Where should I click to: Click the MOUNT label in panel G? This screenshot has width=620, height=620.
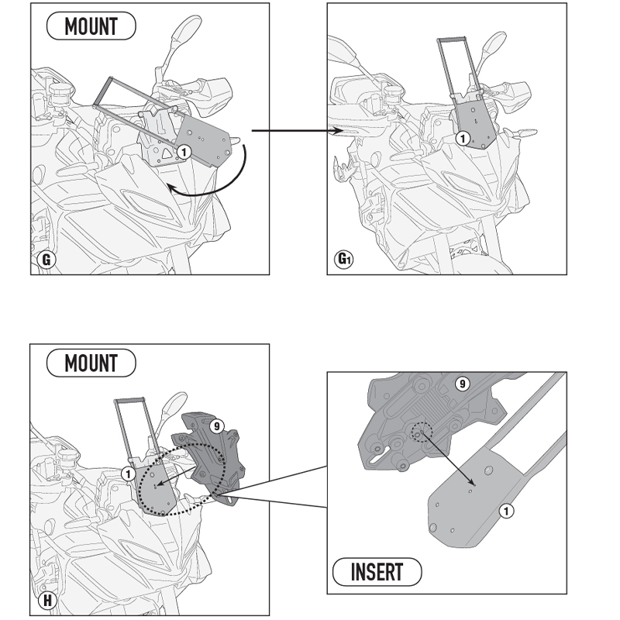pos(91,26)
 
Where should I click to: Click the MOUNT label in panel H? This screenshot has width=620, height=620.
pos(91,363)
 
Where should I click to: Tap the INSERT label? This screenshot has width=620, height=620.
pos(377,572)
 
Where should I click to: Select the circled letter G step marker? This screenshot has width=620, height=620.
pos(46,260)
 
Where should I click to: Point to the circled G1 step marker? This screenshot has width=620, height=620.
pos(344,260)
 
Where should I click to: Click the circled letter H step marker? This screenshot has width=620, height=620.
pos(47,601)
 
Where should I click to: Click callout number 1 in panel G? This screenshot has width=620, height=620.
pos(184,152)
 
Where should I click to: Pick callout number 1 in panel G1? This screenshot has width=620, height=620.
pos(463,139)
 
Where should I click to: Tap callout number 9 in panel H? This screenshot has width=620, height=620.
pos(216,426)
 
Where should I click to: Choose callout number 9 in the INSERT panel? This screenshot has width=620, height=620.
pos(462,384)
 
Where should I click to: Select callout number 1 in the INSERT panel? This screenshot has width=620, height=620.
pos(507,511)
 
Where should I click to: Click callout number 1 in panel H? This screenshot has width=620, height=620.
pos(128,474)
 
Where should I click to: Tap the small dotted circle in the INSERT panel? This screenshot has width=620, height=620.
pos(422,432)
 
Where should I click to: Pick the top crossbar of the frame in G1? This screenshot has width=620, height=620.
pos(451,40)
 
